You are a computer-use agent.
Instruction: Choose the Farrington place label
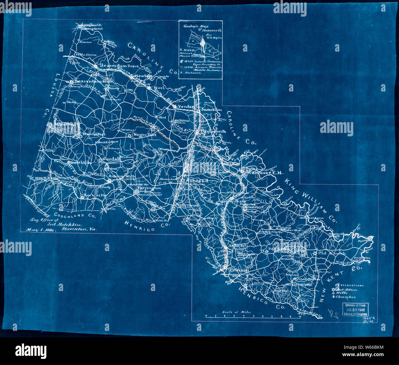[149, 188]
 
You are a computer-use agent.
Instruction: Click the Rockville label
[95, 195]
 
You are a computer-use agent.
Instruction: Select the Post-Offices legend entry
[347, 289]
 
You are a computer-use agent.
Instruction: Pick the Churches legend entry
[346, 297]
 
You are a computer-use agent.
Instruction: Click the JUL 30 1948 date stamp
[356, 310]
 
